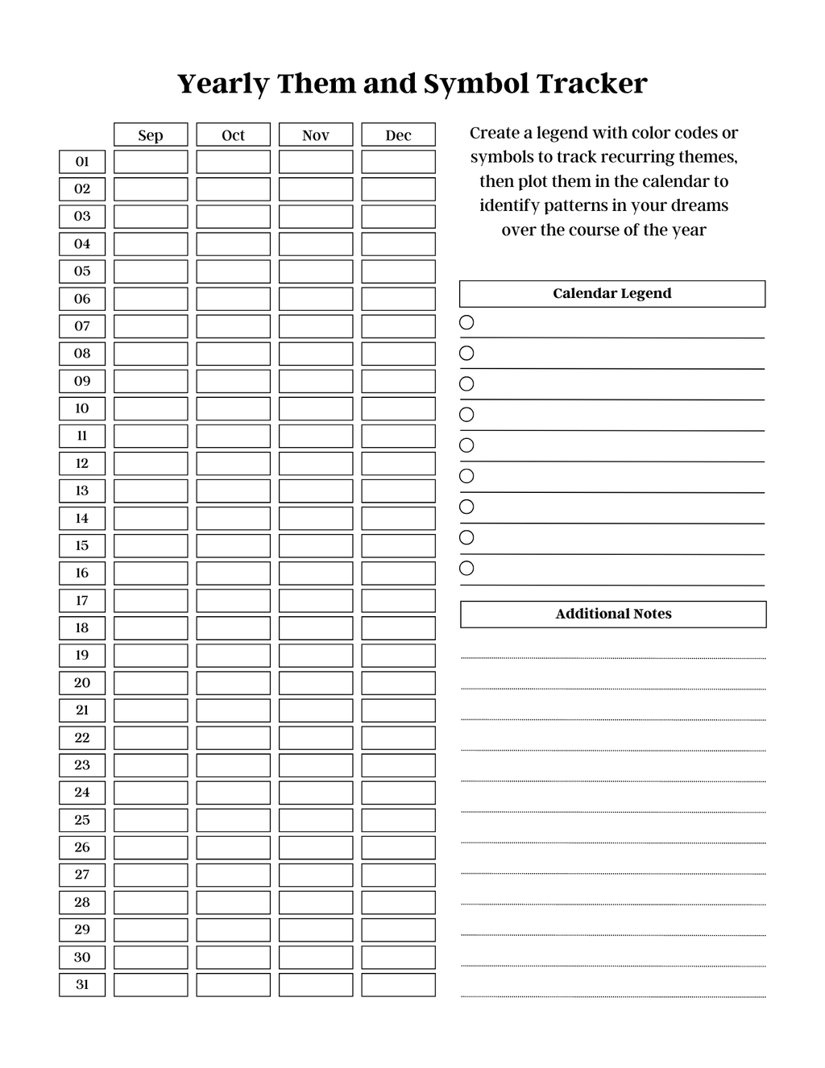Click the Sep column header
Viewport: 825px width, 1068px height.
coord(151,135)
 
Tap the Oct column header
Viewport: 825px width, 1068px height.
coord(233,135)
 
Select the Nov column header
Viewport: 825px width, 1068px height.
coord(316,135)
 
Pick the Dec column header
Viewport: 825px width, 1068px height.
coord(398,135)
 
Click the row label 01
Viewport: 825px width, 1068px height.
coord(82,162)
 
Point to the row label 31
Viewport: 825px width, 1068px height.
coord(82,984)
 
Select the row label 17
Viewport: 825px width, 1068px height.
coord(82,601)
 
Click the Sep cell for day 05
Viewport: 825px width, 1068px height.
coord(151,271)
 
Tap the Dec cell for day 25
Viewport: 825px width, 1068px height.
coord(398,820)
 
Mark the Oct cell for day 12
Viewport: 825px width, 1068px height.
coord(233,463)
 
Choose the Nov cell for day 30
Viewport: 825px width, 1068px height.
coord(316,957)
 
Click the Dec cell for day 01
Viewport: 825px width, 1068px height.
coord(398,162)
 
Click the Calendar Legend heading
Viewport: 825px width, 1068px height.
coord(612,293)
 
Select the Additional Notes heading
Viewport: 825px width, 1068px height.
coord(613,614)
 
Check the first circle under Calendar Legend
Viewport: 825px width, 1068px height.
coord(466,322)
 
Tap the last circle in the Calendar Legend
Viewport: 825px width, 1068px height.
coord(466,569)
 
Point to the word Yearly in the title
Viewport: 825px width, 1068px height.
coord(223,84)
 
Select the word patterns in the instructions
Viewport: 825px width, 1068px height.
coord(574,205)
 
